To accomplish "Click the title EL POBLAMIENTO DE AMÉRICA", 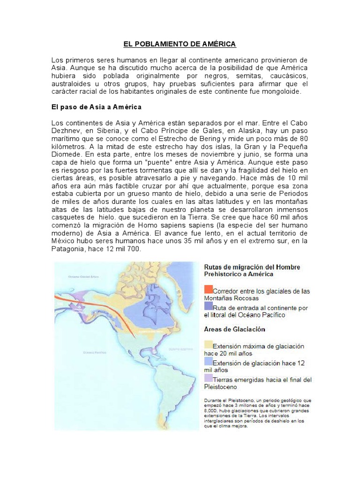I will click(x=180, y=44).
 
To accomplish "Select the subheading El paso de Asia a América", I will click(x=96, y=107).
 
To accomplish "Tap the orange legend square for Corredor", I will click(x=208, y=289).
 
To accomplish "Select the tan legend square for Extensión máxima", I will click(x=208, y=346).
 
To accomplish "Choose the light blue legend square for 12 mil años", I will click(x=208, y=361).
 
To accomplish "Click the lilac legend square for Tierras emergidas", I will click(x=208, y=378).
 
